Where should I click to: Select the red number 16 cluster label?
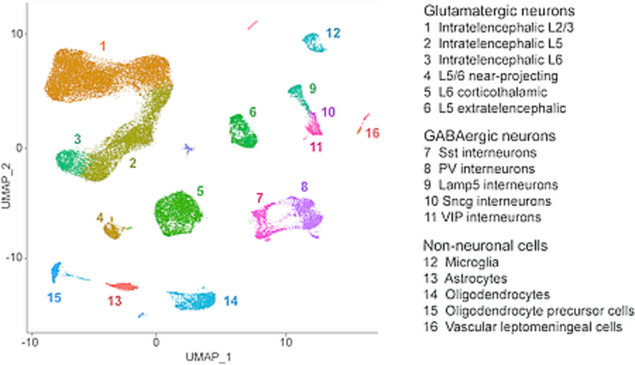click(x=373, y=132)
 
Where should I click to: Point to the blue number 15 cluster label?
click(x=54, y=298)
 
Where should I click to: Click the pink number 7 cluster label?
click(x=259, y=196)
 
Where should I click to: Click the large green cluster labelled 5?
click(x=180, y=213)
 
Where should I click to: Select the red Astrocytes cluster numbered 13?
click(x=122, y=286)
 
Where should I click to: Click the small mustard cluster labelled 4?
click(x=114, y=229)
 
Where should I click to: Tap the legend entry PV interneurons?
click(x=482, y=168)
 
